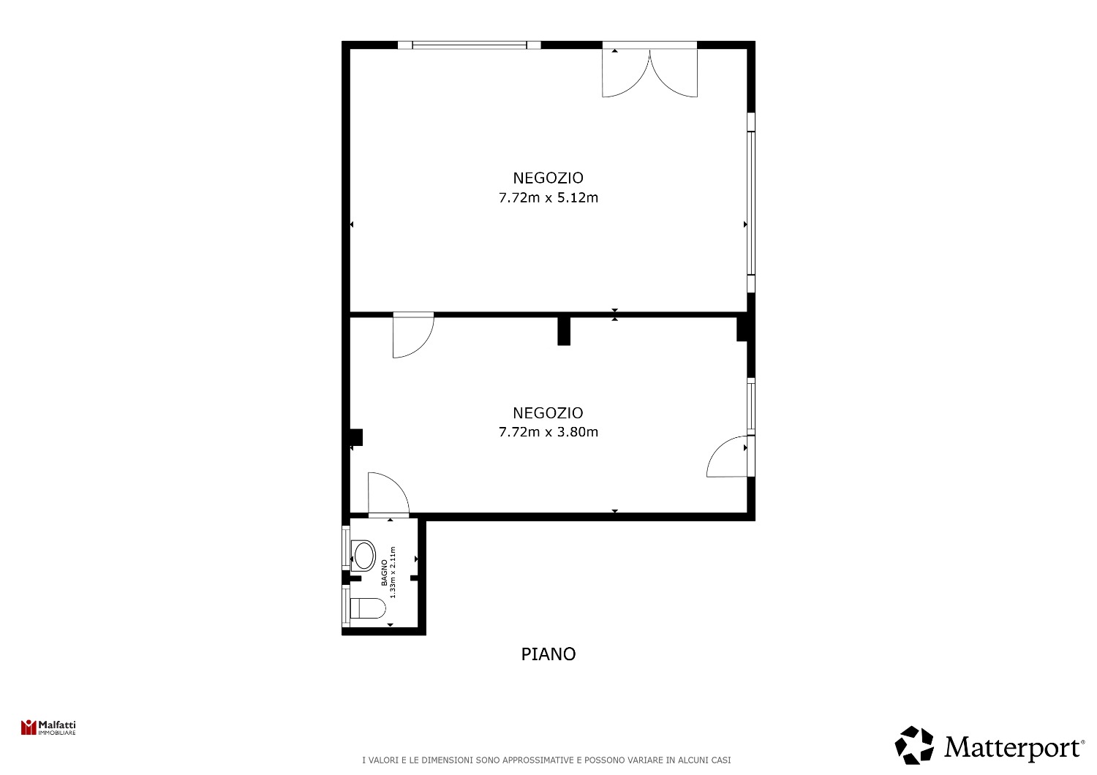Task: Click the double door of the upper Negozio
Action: click(649, 73)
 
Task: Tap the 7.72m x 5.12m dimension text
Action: click(548, 198)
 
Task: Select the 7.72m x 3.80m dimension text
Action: click(548, 432)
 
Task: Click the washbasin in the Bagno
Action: click(363, 556)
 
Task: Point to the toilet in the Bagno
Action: click(368, 608)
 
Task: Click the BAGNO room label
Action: click(385, 572)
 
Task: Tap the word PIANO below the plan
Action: click(548, 654)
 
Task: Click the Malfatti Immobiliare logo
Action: click(48, 727)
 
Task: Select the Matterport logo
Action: click(989, 745)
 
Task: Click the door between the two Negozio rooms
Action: click(413, 335)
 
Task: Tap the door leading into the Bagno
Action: click(388, 494)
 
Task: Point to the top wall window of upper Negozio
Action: click(470, 45)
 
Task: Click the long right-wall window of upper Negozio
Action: click(751, 203)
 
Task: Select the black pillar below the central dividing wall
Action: click(564, 331)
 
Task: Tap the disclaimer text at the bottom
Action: click(546, 760)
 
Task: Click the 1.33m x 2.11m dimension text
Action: click(393, 572)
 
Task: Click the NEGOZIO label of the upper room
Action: click(548, 178)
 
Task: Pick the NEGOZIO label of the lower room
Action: click(548, 413)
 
